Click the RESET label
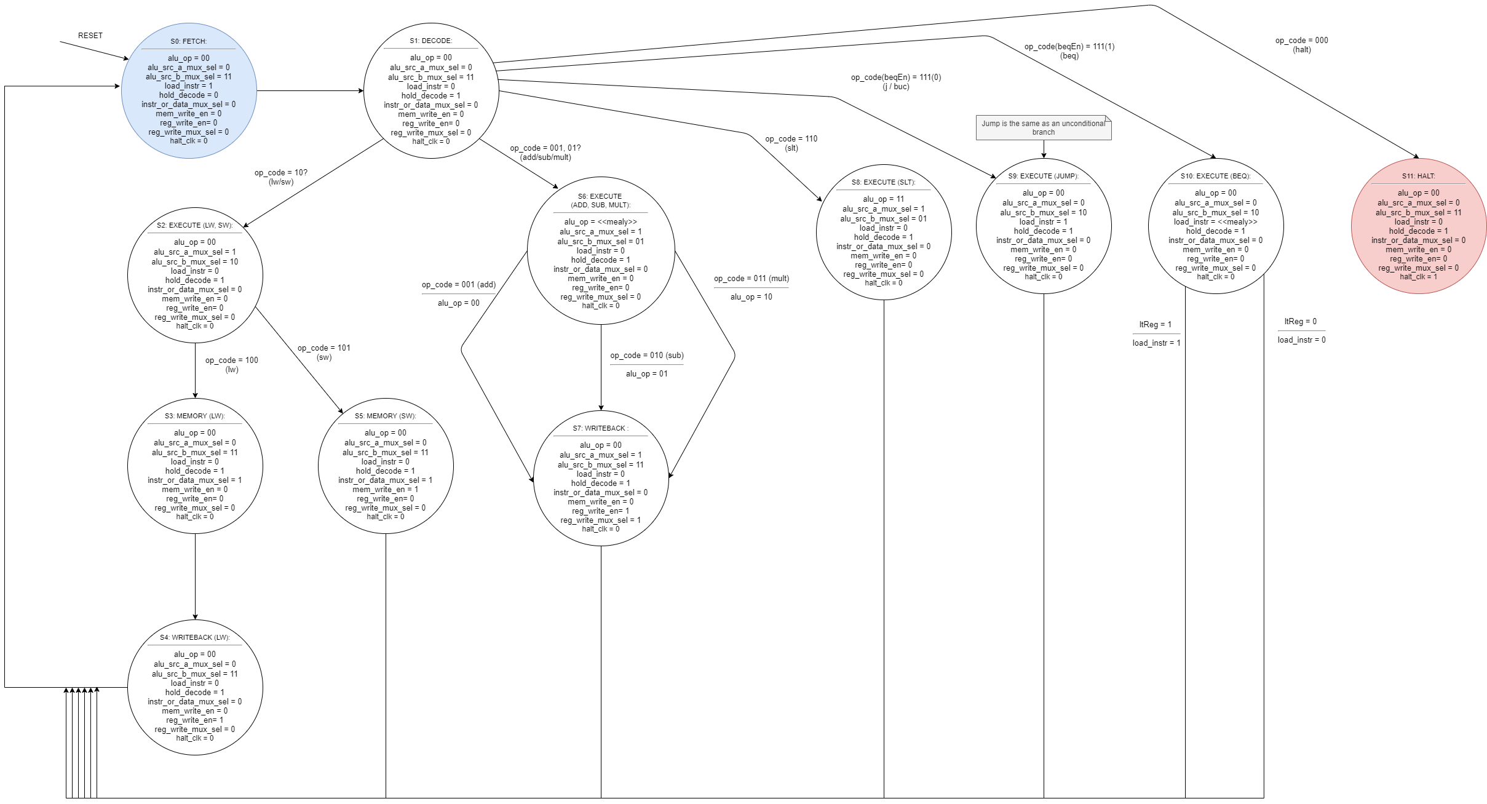(x=90, y=36)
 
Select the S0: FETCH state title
(x=188, y=41)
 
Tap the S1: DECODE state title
(x=430, y=41)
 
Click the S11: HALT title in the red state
(x=1418, y=176)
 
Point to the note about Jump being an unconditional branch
(x=1043, y=127)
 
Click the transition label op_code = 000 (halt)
(x=1301, y=45)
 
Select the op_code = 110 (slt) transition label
(x=791, y=143)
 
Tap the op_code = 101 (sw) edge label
(x=323, y=352)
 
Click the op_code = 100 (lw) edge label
(x=231, y=365)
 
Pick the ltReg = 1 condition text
(x=1155, y=324)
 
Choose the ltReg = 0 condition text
(x=1300, y=321)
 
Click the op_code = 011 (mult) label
(x=751, y=279)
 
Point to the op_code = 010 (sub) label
(x=646, y=356)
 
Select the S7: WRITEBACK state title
(x=600, y=428)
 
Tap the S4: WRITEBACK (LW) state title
(x=194, y=637)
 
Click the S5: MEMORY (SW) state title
(x=385, y=416)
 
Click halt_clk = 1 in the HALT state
(x=1418, y=277)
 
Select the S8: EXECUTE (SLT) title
(x=883, y=182)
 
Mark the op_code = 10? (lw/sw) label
(x=280, y=177)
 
